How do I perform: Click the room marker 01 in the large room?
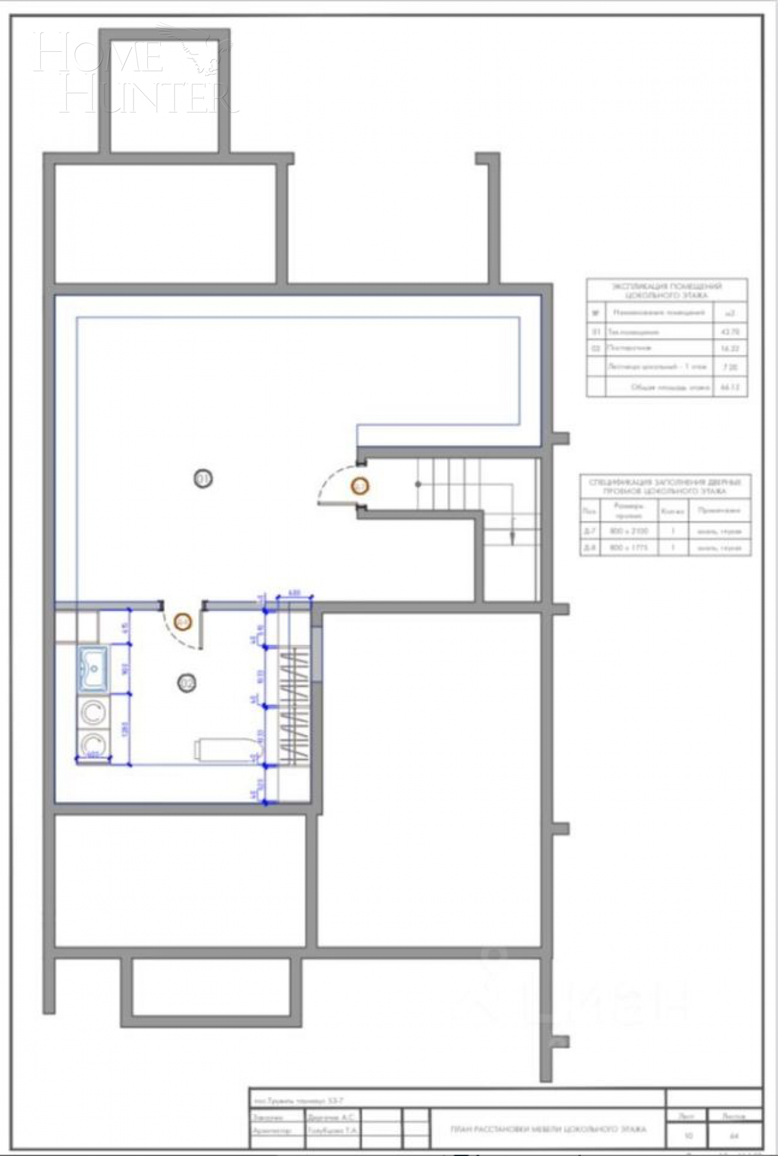pyautogui.click(x=204, y=479)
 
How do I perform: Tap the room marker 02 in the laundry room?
pyautogui.click(x=187, y=682)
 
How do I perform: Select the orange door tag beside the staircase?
pyautogui.click(x=359, y=485)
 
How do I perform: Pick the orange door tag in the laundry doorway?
pyautogui.click(x=183, y=621)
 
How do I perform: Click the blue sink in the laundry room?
pyautogui.click(x=93, y=668)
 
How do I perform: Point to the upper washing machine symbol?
pyautogui.click(x=93, y=712)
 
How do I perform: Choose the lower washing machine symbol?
pyautogui.click(x=93, y=743)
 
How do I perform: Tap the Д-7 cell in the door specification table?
pyautogui.click(x=589, y=531)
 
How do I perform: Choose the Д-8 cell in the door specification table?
pyautogui.click(x=589, y=548)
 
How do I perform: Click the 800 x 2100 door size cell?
pyautogui.click(x=628, y=531)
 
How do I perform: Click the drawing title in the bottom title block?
pyautogui.click(x=548, y=1129)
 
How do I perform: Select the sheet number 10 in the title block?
pyautogui.click(x=688, y=1136)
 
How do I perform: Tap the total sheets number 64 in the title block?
pyautogui.click(x=734, y=1136)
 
